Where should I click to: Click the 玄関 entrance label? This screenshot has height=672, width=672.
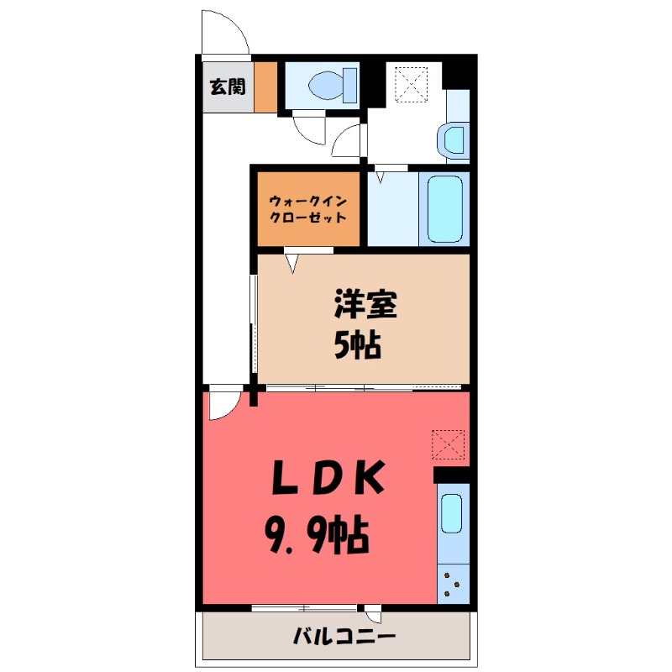[x=227, y=86]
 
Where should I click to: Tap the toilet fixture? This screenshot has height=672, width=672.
[x=334, y=85]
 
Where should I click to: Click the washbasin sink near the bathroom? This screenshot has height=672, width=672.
[x=454, y=139]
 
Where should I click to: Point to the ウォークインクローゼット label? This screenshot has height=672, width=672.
[x=308, y=208]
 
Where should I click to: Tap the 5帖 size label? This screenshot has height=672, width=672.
[x=359, y=344]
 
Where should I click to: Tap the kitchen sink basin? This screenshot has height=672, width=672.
[x=451, y=513]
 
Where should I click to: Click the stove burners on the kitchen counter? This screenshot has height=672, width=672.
[x=452, y=582]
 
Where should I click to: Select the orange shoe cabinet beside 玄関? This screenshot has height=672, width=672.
[x=265, y=86]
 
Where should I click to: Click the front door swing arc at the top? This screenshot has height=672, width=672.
[x=225, y=32]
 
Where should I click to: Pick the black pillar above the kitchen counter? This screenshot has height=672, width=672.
[x=452, y=474]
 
